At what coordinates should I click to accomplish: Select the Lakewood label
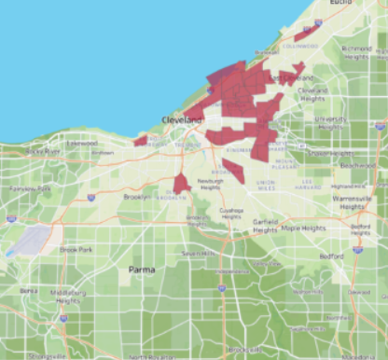81,144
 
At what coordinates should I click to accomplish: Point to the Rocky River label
43,150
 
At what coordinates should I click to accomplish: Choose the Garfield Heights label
265,226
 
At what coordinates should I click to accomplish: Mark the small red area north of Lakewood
140,140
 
